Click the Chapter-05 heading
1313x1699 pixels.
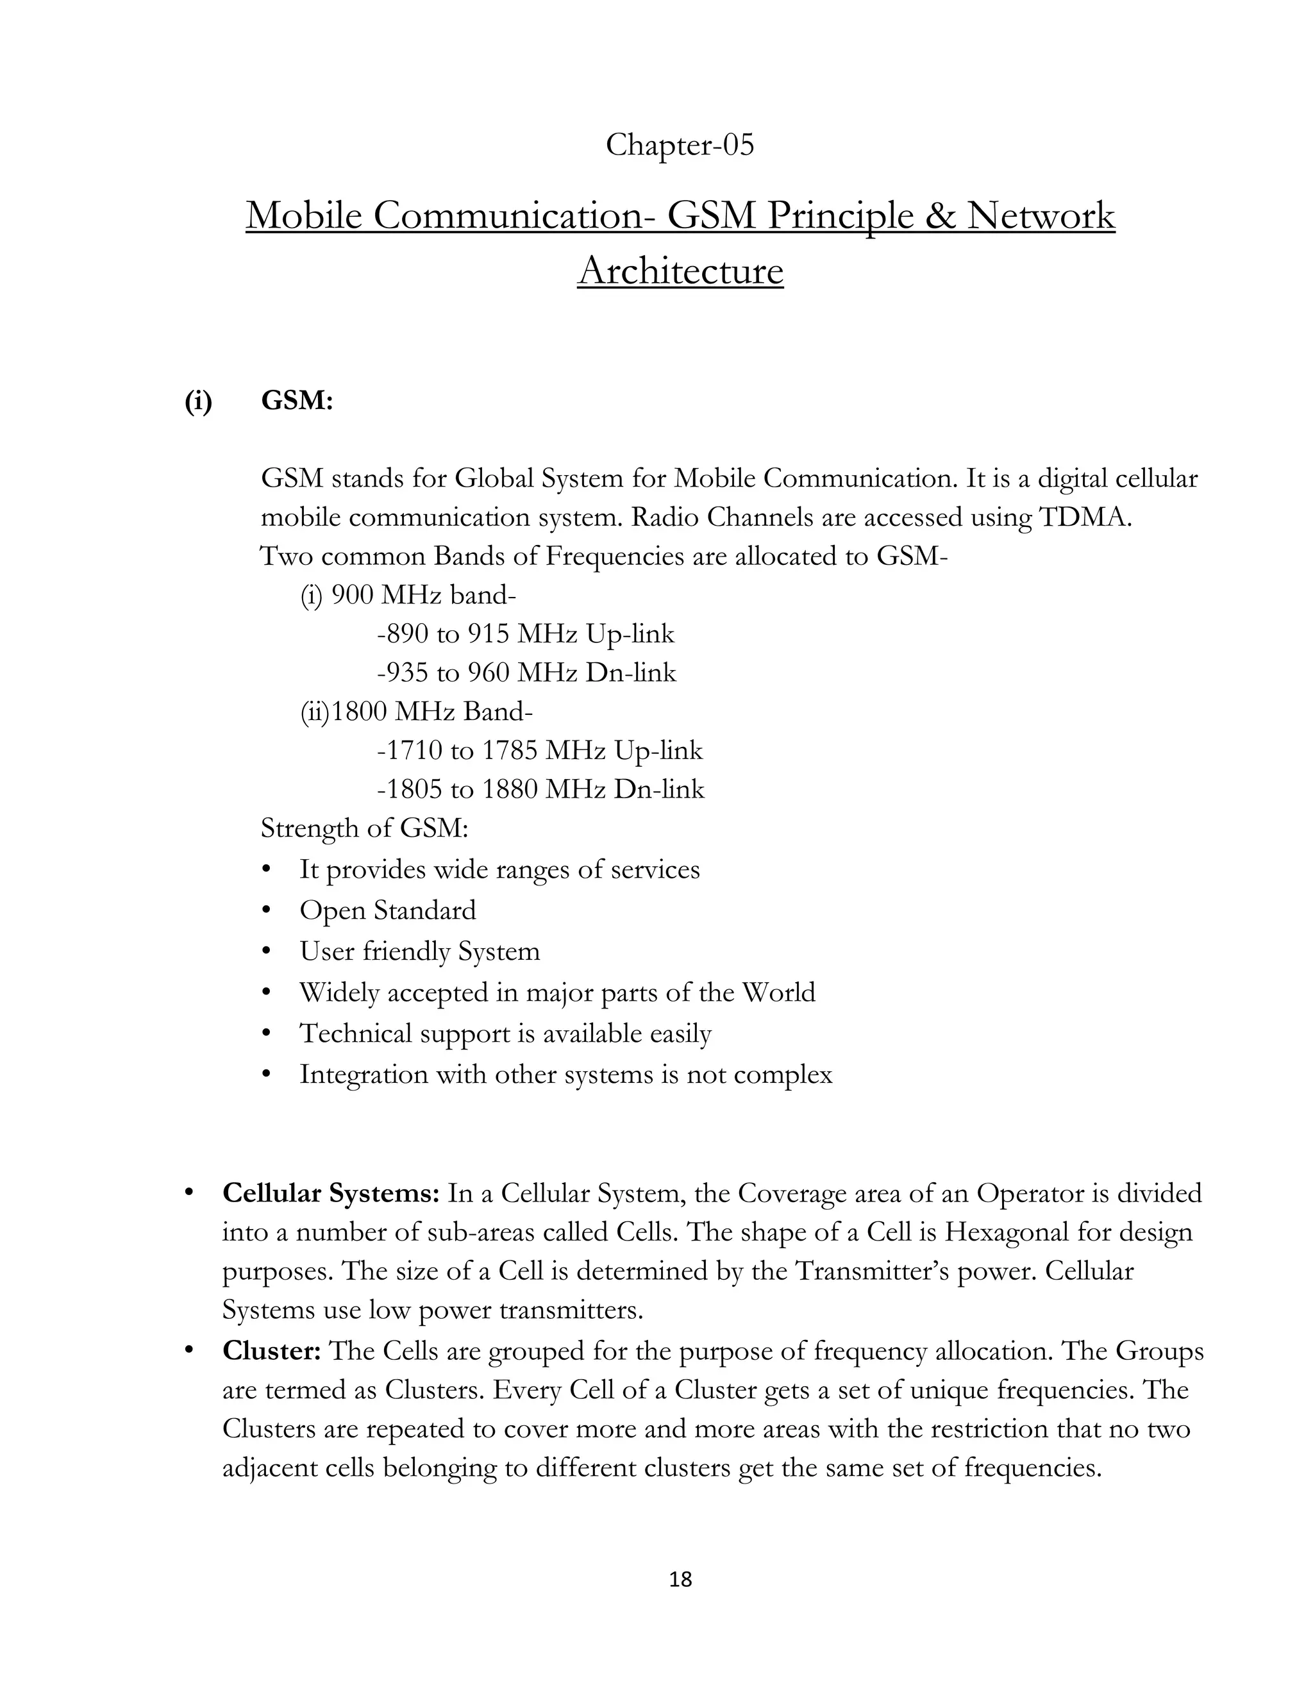(679, 146)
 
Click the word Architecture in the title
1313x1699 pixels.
(680, 271)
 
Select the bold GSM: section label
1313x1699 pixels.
(297, 401)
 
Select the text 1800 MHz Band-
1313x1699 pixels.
(431, 712)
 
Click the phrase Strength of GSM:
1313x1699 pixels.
(364, 828)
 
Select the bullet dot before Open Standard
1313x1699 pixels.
(267, 909)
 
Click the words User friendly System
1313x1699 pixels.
(419, 951)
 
